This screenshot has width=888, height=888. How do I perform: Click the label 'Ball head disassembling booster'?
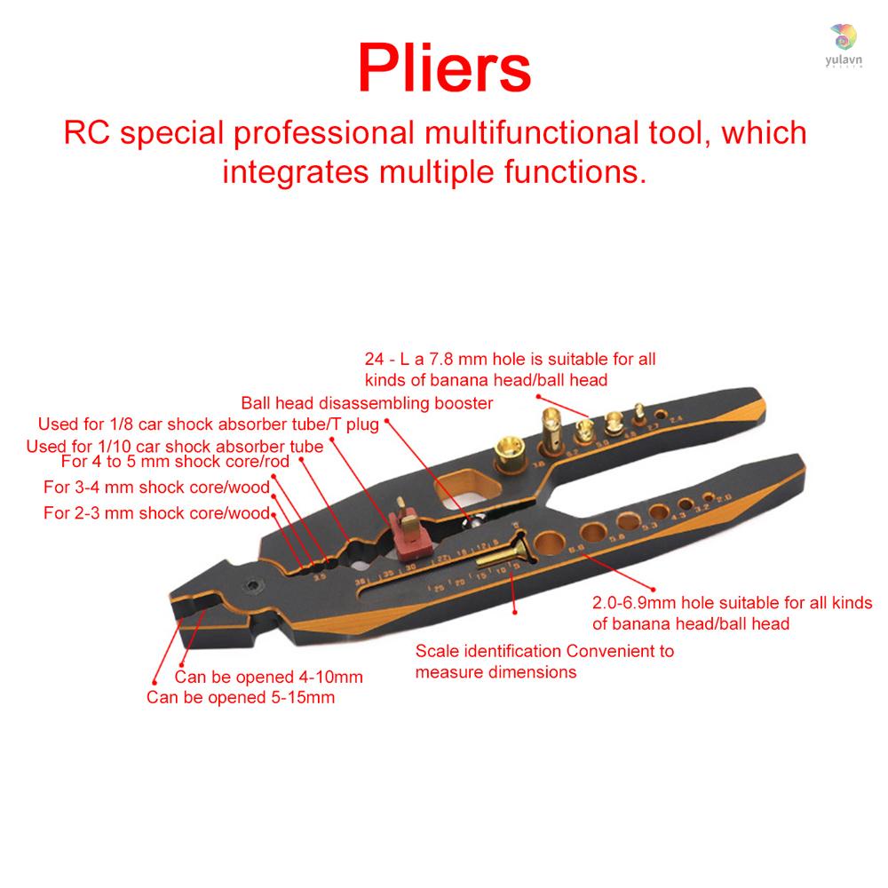pos(367,402)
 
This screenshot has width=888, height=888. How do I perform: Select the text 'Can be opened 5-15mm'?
pos(241,697)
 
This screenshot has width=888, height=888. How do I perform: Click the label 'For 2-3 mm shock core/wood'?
pos(156,512)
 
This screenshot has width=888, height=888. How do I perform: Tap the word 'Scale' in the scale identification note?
pos(435,651)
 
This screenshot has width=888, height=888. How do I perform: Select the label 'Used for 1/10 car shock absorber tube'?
pos(174,446)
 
